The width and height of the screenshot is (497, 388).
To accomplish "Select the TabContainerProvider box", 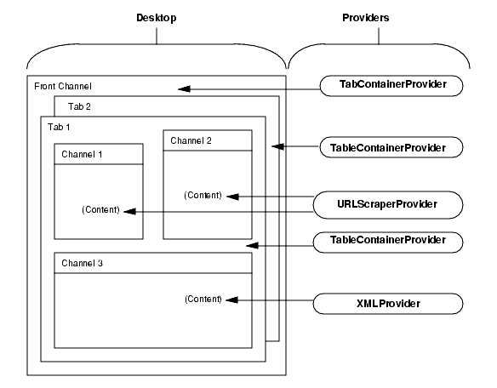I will click(x=389, y=85).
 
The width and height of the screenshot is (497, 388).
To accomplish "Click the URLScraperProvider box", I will click(x=389, y=204).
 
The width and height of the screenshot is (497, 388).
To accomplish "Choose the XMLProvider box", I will click(x=389, y=302).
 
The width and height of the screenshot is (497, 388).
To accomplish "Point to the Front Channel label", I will click(x=63, y=87).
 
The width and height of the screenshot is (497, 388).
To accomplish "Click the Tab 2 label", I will click(x=79, y=106).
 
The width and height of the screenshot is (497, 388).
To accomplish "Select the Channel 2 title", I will click(x=191, y=140).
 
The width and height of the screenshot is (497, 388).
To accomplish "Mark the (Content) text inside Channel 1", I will click(x=100, y=210).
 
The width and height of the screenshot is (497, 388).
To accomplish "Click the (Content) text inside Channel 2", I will click(x=203, y=196).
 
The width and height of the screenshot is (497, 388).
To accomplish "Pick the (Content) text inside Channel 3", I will click(x=203, y=299).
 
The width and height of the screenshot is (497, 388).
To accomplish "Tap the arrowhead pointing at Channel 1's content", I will click(x=128, y=211).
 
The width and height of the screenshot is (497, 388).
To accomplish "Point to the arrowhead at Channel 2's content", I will click(x=230, y=197).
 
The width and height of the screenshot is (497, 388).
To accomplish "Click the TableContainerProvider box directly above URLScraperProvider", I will click(x=389, y=147).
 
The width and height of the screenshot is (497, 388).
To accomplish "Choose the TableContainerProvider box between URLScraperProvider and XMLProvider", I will click(x=389, y=241).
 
